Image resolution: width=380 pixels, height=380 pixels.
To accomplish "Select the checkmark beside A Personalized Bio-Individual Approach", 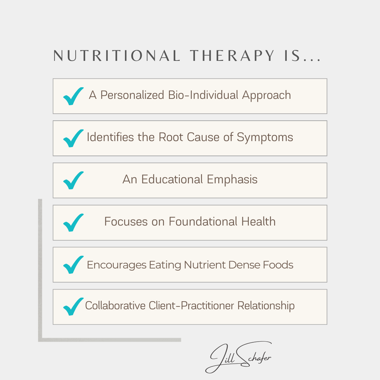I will [73, 96].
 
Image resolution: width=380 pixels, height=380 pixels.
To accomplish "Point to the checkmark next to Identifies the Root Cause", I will [73, 138].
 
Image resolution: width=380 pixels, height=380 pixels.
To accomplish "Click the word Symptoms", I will [265, 138].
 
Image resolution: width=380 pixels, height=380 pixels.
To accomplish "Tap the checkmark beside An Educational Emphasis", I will [73, 180].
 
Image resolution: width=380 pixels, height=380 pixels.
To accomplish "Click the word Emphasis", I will [232, 179].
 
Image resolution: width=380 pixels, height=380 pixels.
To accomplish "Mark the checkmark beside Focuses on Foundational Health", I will [73, 222].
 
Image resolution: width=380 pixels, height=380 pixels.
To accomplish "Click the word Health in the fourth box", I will [258, 222].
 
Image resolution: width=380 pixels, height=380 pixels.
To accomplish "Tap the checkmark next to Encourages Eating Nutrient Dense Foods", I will [73, 265].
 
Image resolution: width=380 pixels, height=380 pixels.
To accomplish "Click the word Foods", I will [278, 265].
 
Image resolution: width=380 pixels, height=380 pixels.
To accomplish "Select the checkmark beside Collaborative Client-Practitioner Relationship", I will [73, 307].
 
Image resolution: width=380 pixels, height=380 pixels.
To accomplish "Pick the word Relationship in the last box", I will [266, 306].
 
